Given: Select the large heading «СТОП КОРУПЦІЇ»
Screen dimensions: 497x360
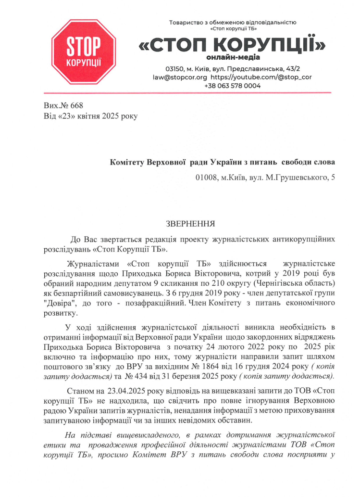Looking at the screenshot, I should tap(232, 46).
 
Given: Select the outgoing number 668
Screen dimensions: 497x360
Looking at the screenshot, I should tap(77, 104).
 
